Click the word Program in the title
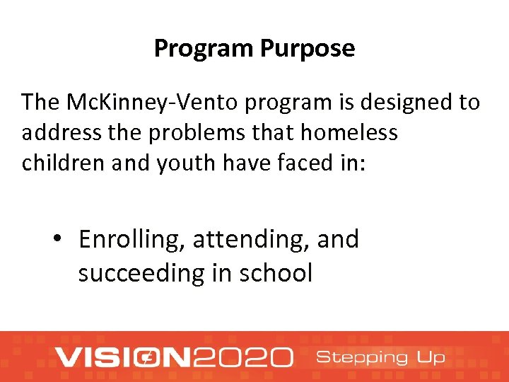coord(204,49)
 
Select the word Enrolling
coord(131,241)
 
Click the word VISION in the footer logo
coord(124,357)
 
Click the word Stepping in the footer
coord(361,357)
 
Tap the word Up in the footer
coord(431,358)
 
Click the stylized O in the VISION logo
coord(149,357)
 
